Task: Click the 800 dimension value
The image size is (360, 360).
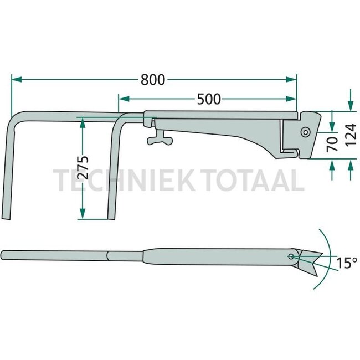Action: coord(152,80)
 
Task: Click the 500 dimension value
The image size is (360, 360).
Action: coord(209,99)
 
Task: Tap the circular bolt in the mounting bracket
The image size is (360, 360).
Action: coord(305,132)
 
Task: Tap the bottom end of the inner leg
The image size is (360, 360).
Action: coord(111,217)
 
